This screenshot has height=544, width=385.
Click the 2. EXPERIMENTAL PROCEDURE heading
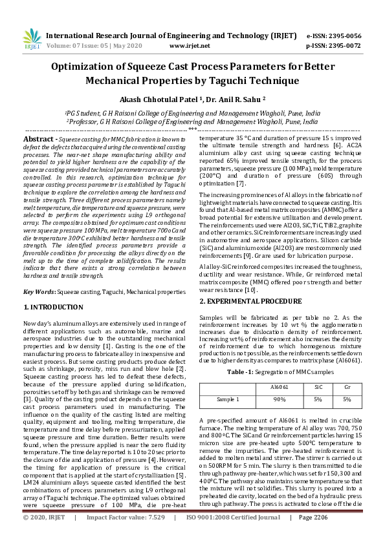247,302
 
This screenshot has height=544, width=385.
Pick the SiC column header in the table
317,387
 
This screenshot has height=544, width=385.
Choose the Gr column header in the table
347,387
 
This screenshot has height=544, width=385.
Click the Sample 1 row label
228,399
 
